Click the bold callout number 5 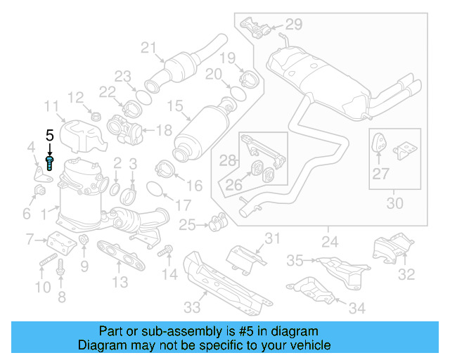(x=49, y=135)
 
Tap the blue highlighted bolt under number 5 (x=50, y=163)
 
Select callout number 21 (x=147, y=48)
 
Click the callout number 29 (x=293, y=25)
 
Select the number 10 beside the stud (x=43, y=287)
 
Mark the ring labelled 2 (x=114, y=188)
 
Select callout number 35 (x=295, y=260)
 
